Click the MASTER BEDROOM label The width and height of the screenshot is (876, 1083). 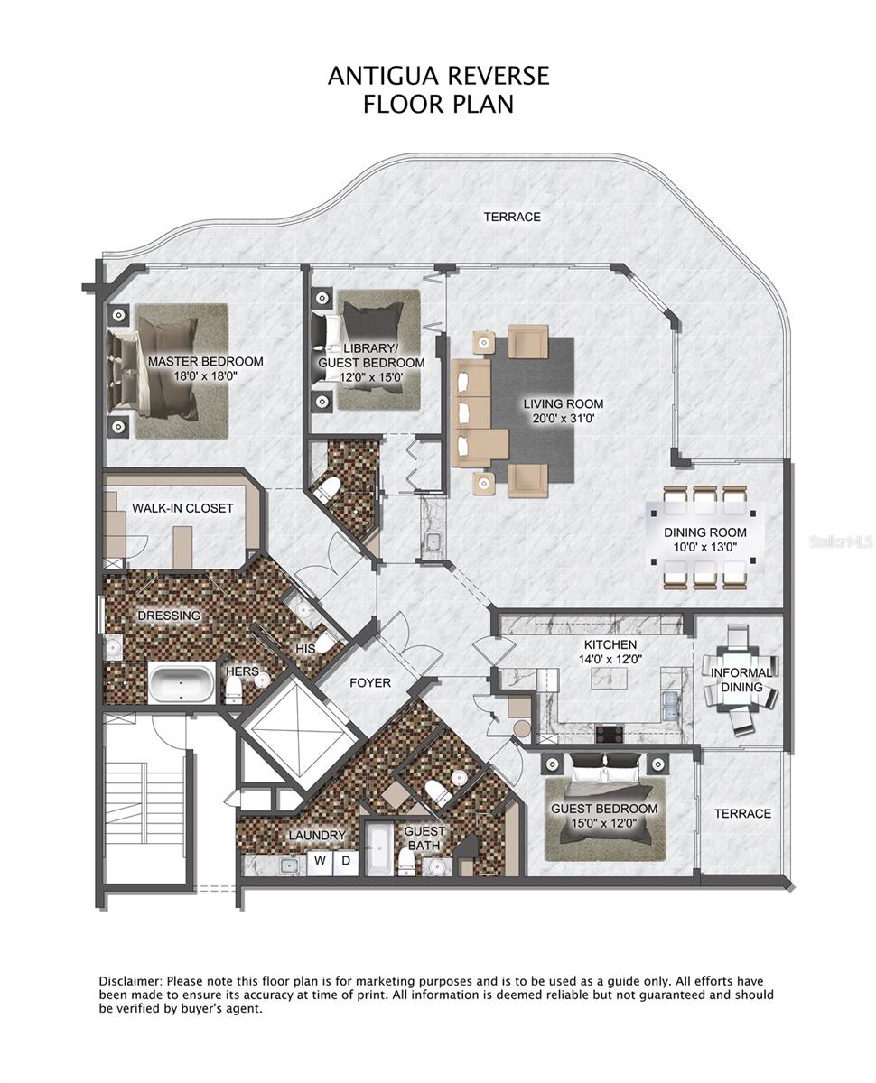click(x=206, y=362)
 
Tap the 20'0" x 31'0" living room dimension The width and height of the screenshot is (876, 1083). click(x=564, y=419)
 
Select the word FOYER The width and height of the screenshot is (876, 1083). click(x=370, y=683)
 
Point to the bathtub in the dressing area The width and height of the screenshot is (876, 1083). click(x=182, y=683)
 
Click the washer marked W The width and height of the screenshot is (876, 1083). click(x=320, y=861)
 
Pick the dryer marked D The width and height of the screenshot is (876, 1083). click(x=346, y=861)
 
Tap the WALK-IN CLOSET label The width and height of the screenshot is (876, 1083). click(x=182, y=508)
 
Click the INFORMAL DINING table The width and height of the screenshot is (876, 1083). click(x=741, y=680)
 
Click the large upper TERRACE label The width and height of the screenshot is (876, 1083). click(x=512, y=218)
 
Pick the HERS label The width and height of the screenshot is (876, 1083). click(x=242, y=671)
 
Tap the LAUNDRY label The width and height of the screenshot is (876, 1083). click(x=317, y=836)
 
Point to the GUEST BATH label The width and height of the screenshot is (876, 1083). click(x=424, y=838)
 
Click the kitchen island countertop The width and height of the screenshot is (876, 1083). click(x=610, y=679)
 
